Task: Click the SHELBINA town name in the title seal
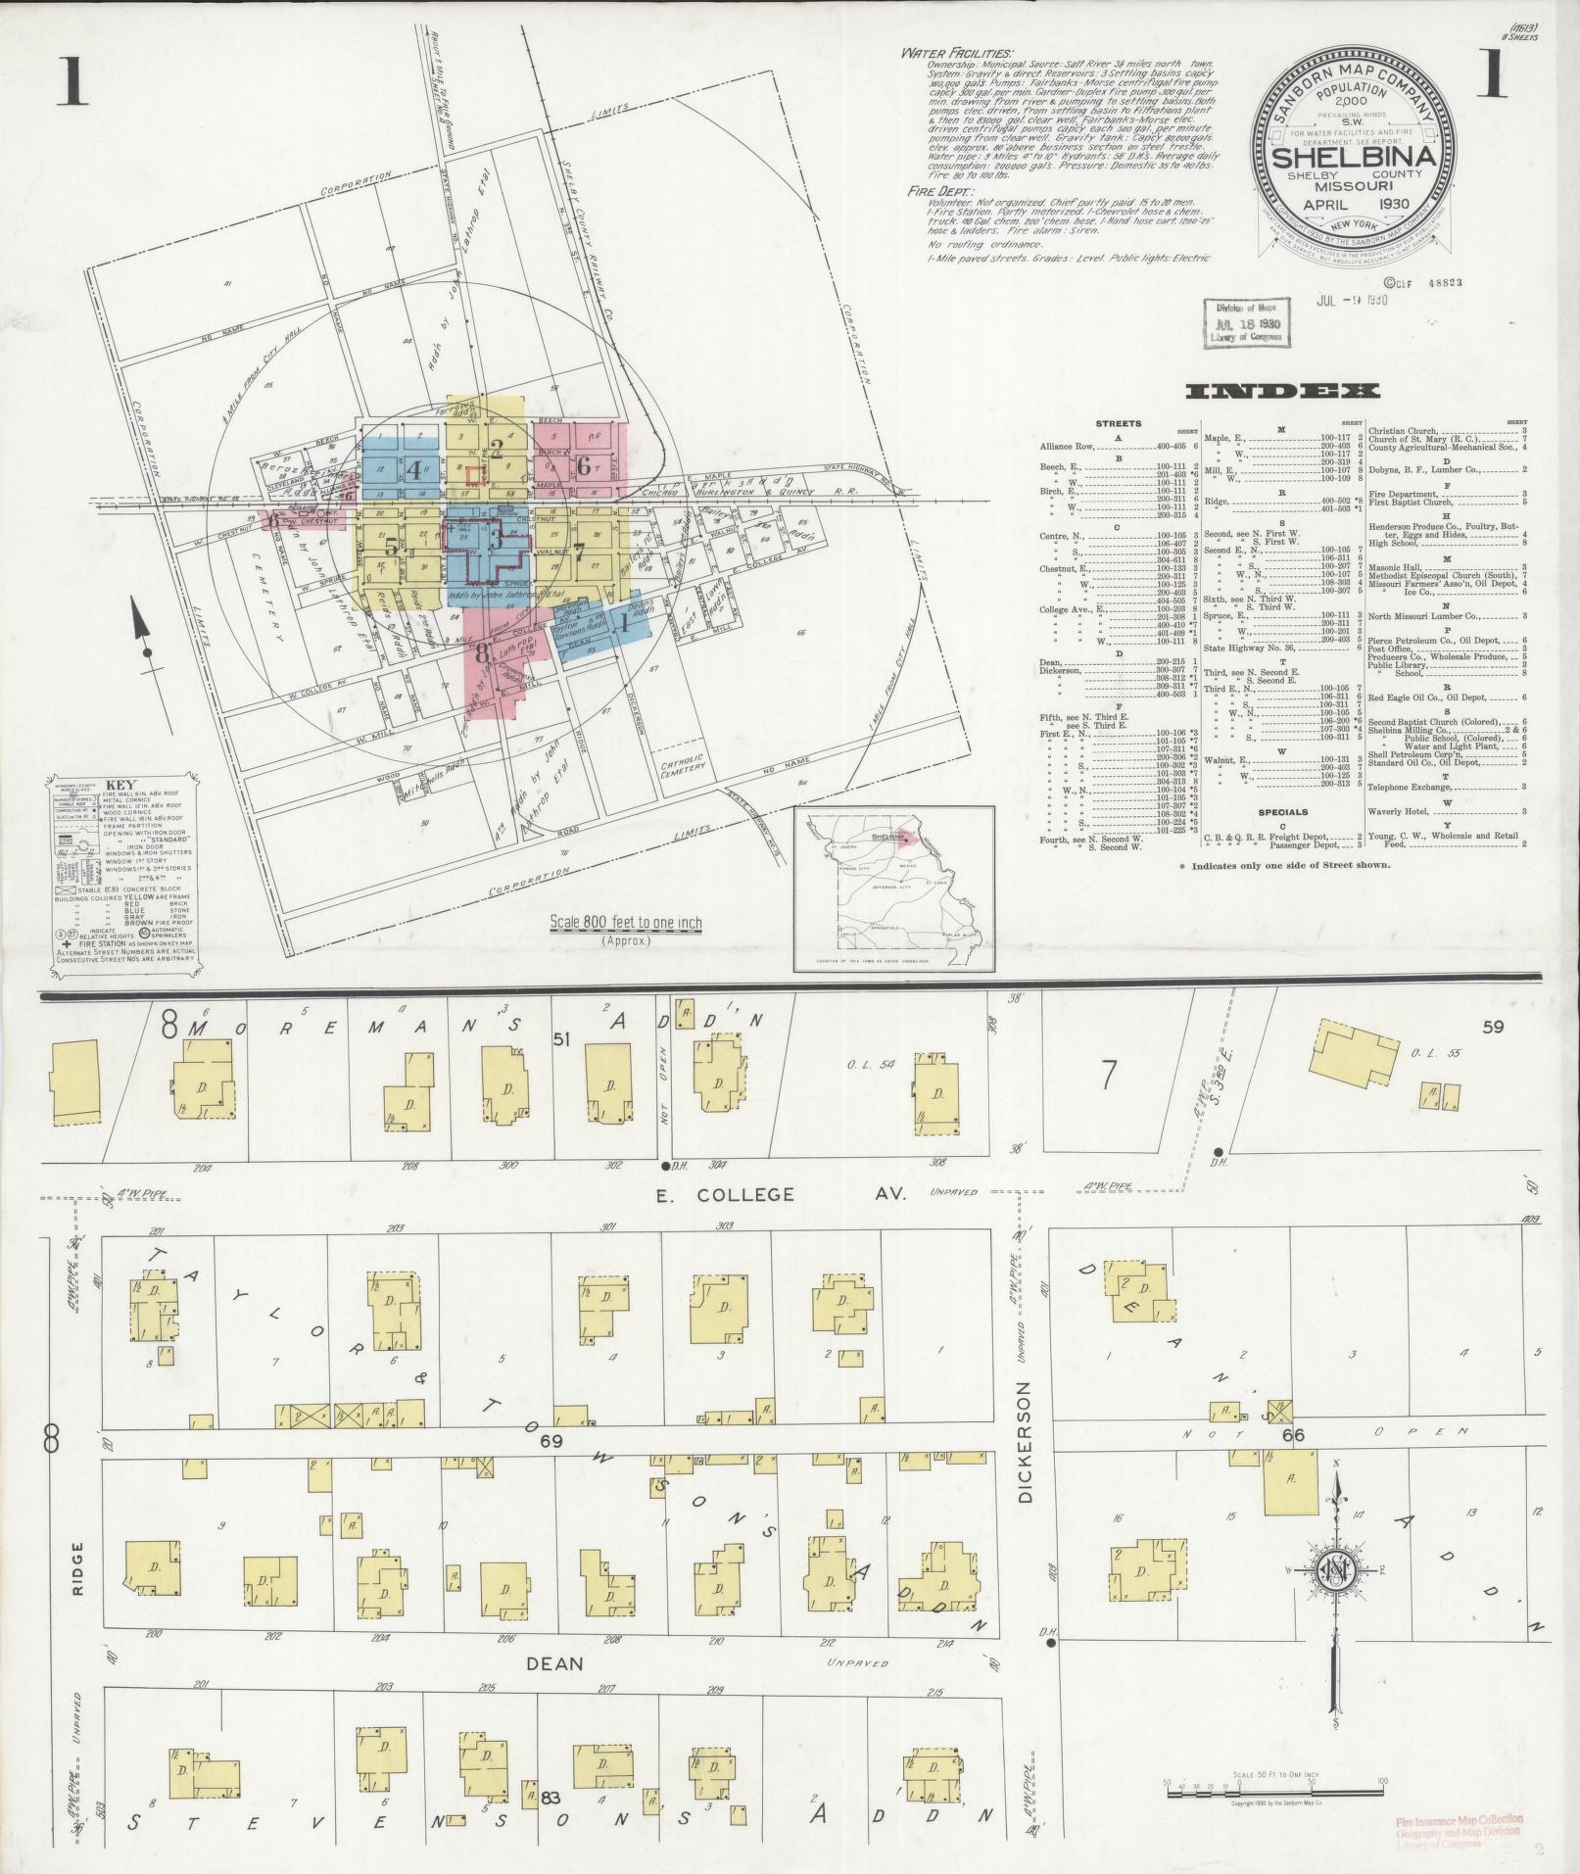point(1355,158)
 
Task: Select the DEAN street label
point(555,1663)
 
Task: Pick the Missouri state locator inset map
point(892,889)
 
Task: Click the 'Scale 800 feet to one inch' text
point(626,923)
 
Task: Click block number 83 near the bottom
point(550,1798)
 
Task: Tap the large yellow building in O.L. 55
point(1355,1062)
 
